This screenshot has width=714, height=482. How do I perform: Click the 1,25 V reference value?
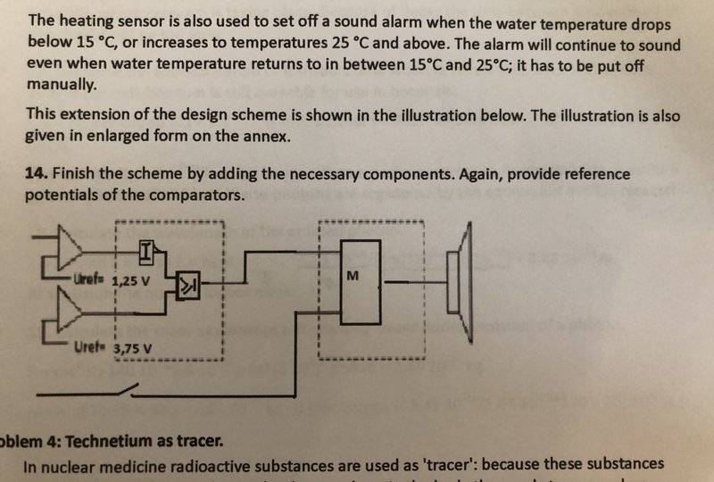[130, 280]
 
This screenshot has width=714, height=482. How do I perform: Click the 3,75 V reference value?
[132, 349]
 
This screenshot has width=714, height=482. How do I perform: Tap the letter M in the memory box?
[353, 276]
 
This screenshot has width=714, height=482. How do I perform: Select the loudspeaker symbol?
[460, 282]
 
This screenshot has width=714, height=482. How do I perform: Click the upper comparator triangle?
[69, 249]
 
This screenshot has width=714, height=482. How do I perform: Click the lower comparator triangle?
[69, 309]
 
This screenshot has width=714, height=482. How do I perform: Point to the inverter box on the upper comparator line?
[145, 253]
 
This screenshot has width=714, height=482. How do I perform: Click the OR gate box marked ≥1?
[188, 286]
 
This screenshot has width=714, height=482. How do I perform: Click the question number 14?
[36, 173]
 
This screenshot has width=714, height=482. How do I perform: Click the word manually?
[62, 85]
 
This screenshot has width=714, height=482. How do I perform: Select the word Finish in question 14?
[73, 173]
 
